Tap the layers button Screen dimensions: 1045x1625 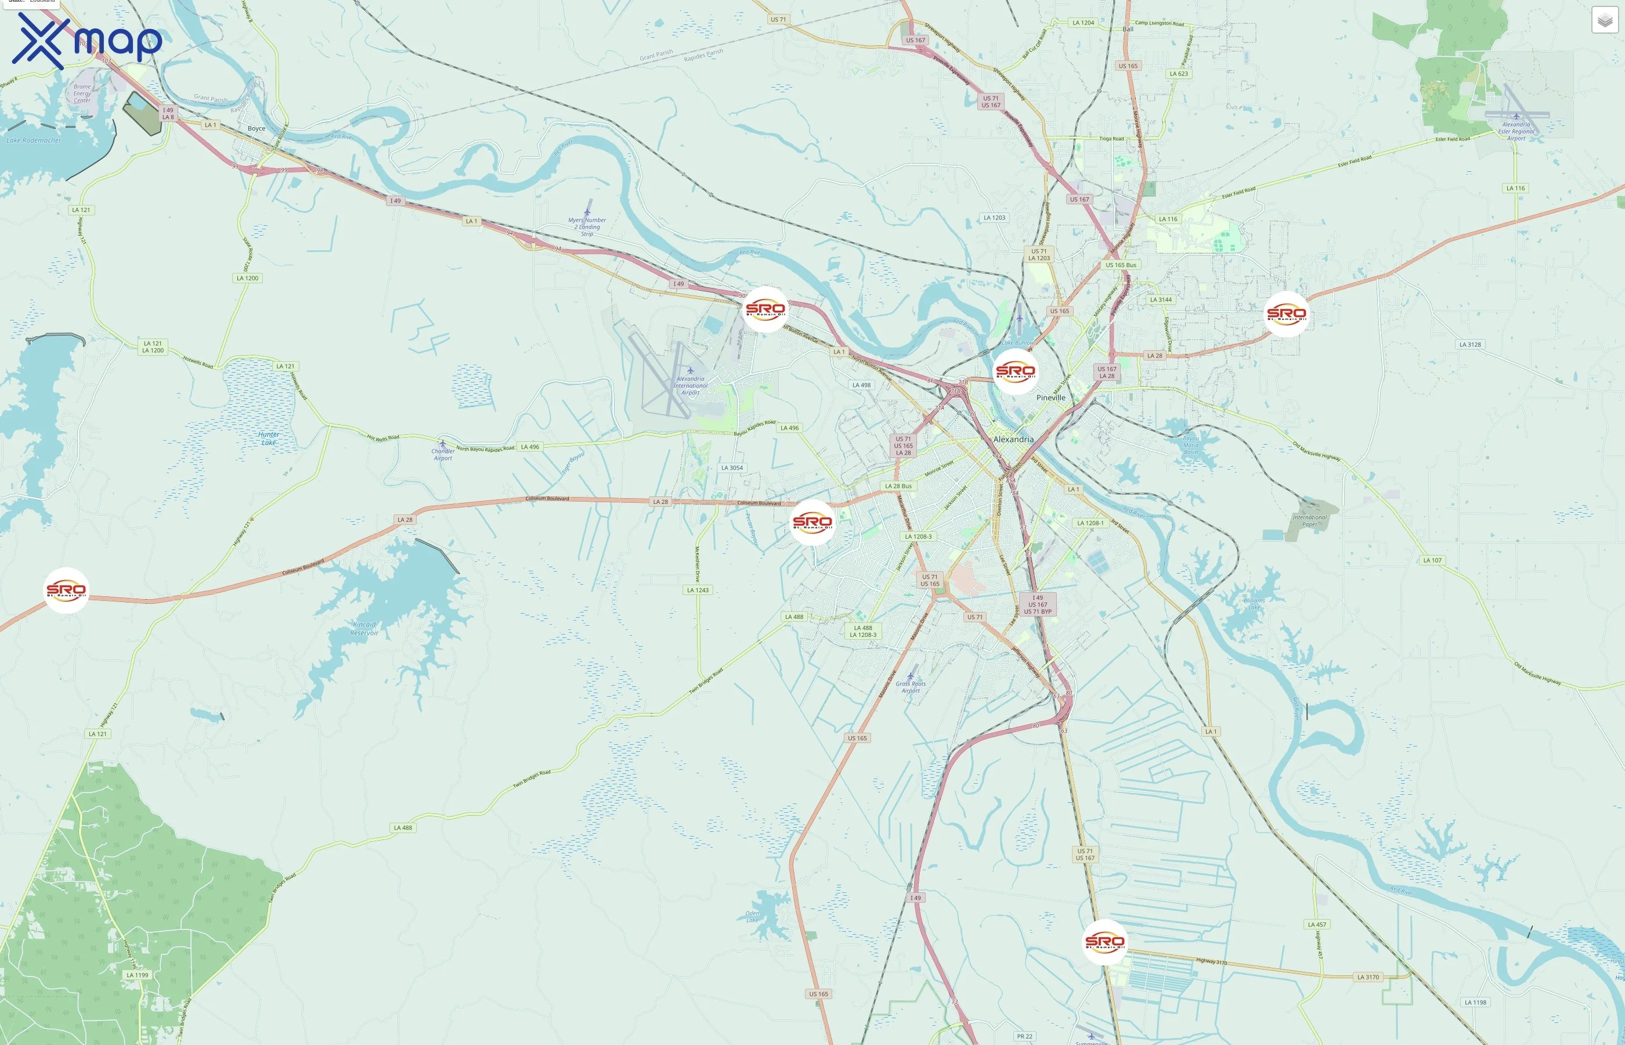click(1604, 20)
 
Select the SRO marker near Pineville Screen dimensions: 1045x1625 click(1015, 372)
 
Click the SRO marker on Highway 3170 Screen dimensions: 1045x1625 click(1105, 942)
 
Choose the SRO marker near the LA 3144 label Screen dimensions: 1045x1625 click(1286, 313)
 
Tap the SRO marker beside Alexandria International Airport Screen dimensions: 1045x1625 click(765, 309)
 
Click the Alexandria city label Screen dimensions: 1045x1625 click(1013, 439)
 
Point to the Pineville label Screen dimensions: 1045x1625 click(1050, 398)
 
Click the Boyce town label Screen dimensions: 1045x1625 click(257, 128)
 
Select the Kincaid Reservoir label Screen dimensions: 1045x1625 click(364, 628)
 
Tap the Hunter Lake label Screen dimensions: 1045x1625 click(269, 438)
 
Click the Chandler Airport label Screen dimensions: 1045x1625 click(443, 454)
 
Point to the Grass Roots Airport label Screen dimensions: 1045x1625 click(910, 687)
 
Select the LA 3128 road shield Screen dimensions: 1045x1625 click(1469, 345)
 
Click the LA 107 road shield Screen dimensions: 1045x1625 click(1432, 560)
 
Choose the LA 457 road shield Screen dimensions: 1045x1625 click(1316, 924)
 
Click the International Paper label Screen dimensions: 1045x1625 click(1309, 520)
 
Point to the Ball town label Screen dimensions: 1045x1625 click(1127, 29)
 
